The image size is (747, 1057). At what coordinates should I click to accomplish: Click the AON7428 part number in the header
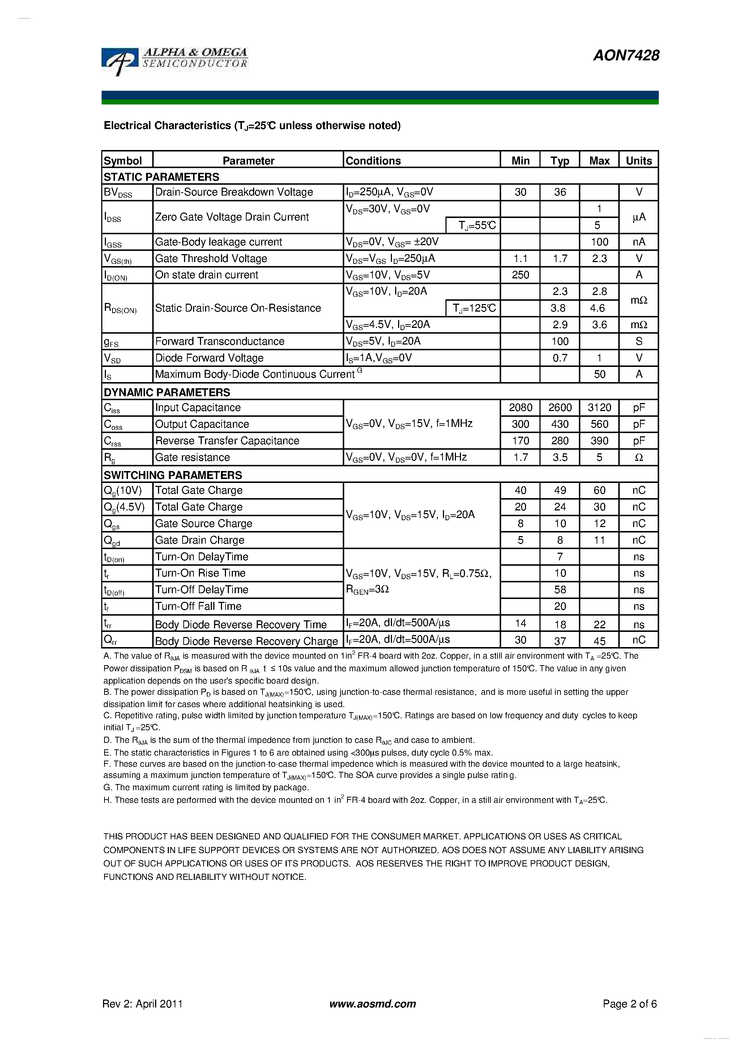[x=626, y=56]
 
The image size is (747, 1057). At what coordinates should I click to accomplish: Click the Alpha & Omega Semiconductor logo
[x=175, y=60]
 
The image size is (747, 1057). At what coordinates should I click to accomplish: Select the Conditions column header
[x=373, y=161]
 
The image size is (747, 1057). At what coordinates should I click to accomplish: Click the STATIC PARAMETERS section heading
[x=161, y=177]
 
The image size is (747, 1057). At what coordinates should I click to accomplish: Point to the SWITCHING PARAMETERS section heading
[x=173, y=475]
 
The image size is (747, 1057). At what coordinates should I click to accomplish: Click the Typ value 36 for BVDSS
[x=560, y=192]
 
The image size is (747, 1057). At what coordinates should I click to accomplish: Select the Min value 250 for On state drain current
[x=520, y=275]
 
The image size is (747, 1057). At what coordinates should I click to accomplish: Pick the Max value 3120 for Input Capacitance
[x=599, y=407]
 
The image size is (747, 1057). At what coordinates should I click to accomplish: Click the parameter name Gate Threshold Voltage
[x=211, y=258]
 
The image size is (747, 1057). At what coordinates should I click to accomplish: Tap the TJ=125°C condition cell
[x=473, y=308]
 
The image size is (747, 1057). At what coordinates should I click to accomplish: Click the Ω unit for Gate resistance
[x=638, y=457]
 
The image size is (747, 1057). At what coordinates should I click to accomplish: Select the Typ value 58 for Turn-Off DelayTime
[x=560, y=590]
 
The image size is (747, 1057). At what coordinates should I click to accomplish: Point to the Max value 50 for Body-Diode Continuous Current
[x=599, y=374]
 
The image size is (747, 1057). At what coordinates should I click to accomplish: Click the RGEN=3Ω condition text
[x=367, y=590]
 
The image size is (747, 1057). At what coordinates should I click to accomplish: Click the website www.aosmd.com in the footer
[x=372, y=1003]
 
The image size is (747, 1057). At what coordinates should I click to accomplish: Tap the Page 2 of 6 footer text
[x=629, y=1003]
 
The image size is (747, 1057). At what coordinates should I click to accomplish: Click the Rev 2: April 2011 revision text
[x=142, y=1003]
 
